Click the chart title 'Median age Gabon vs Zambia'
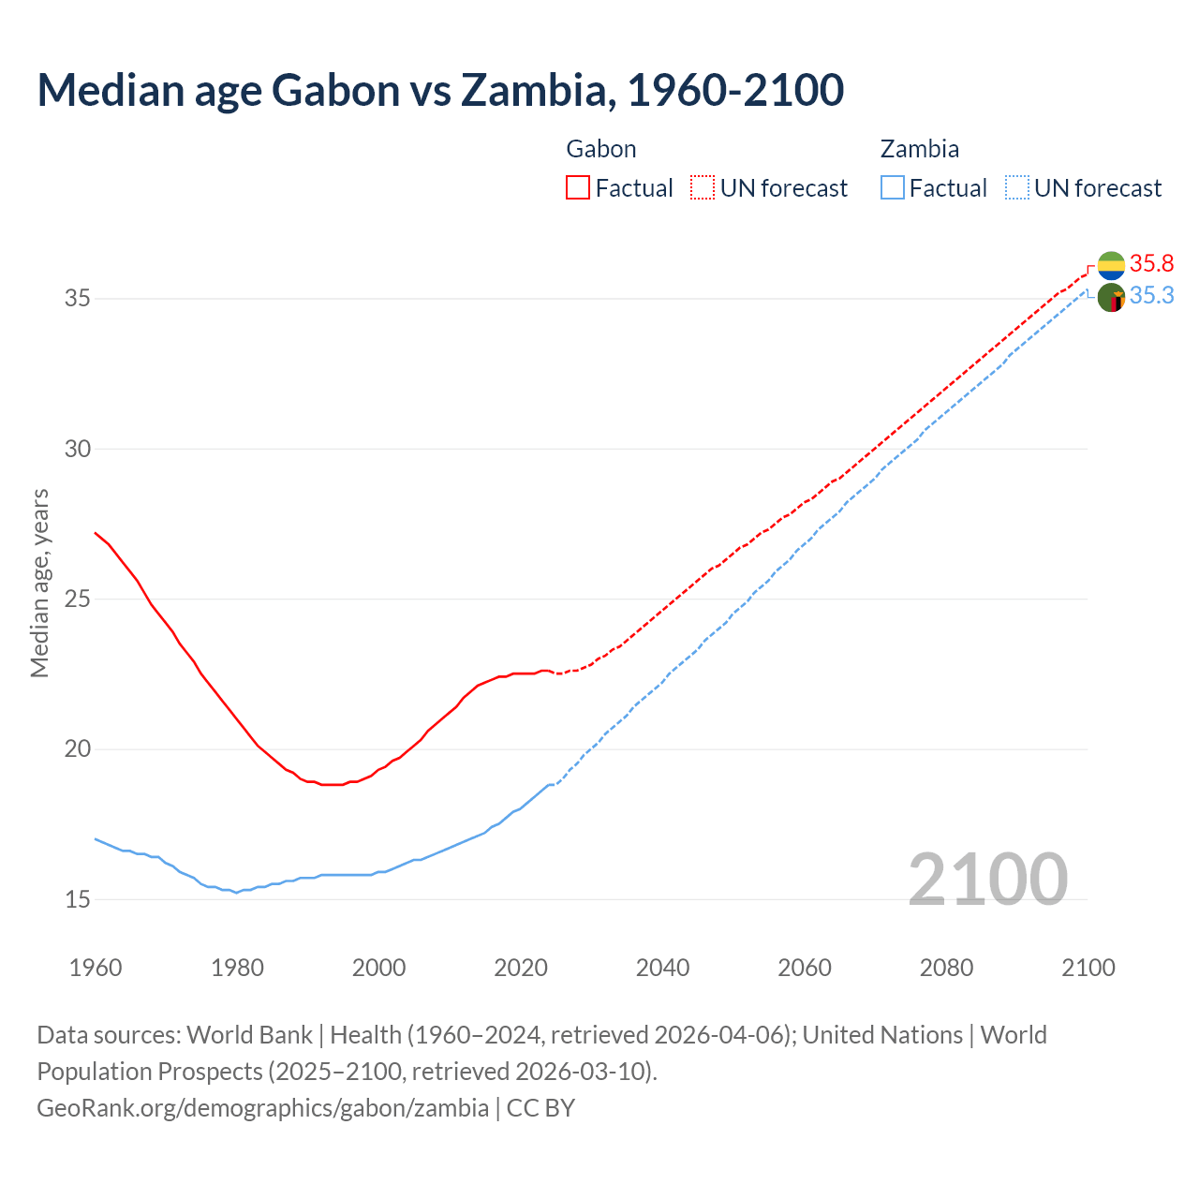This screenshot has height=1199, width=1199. click(440, 90)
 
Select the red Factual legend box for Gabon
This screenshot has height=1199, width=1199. click(578, 188)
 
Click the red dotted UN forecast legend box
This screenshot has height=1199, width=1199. click(703, 188)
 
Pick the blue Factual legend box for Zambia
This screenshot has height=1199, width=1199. click(893, 188)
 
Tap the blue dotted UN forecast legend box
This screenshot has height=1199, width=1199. click(1017, 188)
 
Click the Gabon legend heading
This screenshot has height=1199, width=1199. click(601, 149)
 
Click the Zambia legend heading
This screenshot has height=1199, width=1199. click(919, 149)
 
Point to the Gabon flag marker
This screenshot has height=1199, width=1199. click(1111, 265)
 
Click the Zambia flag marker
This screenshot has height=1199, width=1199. click(1111, 298)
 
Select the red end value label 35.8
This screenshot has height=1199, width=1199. click(1151, 263)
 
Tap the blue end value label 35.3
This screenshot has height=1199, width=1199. click(1151, 296)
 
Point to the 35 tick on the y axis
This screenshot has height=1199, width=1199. click(78, 299)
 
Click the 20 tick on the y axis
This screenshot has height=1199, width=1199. click(78, 749)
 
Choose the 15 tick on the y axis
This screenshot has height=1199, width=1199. click(78, 899)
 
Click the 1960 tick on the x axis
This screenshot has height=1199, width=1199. click(96, 968)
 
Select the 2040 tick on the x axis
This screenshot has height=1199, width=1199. click(662, 968)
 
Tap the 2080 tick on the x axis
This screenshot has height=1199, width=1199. click(946, 968)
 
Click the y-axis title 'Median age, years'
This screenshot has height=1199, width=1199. click(39, 583)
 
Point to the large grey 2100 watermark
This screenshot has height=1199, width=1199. click(988, 879)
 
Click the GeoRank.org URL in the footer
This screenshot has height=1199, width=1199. click(262, 1108)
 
